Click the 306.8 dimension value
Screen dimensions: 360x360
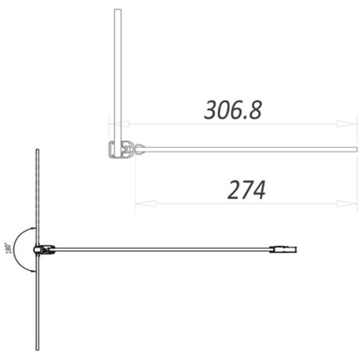click(233, 110)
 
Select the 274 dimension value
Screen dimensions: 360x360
click(247, 190)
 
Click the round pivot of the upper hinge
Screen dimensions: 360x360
click(139, 148)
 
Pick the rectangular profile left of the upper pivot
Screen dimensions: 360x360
click(119, 149)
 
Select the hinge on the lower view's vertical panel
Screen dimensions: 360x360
click(44, 249)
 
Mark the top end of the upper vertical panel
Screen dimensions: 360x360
click(117, 11)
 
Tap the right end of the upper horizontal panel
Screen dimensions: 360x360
click(355, 149)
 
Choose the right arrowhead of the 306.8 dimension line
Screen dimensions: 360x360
click(353, 124)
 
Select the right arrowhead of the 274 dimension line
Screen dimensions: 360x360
click(353, 204)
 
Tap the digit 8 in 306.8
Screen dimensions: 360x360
click(254, 110)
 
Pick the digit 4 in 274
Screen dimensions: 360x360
click(259, 190)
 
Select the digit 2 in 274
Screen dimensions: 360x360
click(234, 190)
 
